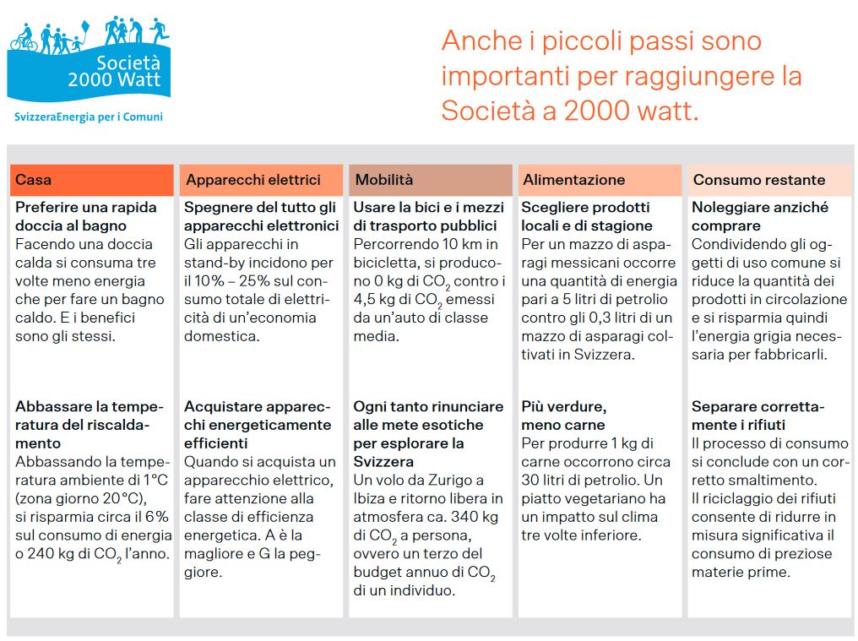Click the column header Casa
pos(34,180)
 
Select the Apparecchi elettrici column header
pos(253,180)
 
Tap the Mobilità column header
pos(384,180)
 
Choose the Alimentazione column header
pos(574,180)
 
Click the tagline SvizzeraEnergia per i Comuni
pos(89,117)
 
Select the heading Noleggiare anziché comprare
pos(760,216)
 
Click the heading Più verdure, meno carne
pos(563,416)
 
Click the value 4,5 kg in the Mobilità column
pos(376,300)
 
